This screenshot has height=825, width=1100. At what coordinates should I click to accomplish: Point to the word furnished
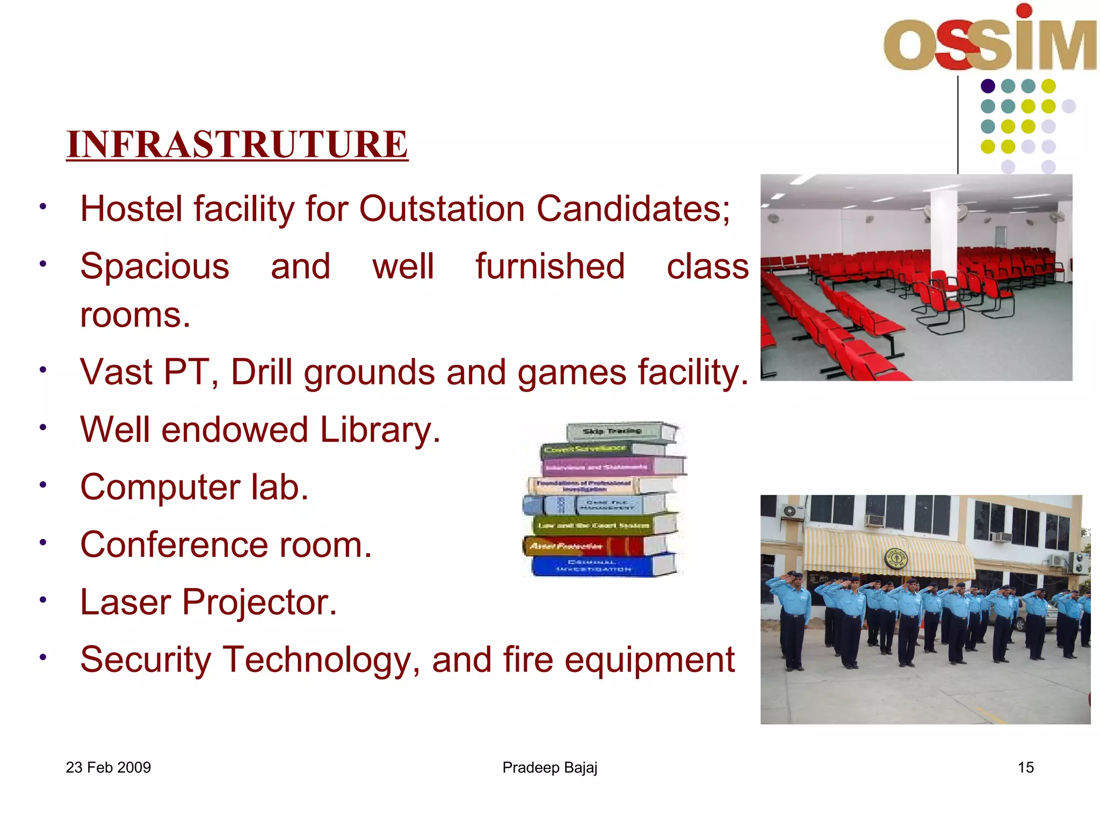point(549,266)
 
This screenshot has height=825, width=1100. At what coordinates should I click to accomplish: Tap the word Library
point(380,430)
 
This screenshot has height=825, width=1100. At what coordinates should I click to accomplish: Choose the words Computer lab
point(194,487)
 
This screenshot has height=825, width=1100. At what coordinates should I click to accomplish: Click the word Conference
point(174,545)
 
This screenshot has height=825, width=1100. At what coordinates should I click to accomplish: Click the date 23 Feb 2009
point(108,768)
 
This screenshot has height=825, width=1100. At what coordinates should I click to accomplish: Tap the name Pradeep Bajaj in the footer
point(549,768)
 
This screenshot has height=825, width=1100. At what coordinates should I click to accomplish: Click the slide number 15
point(1025,768)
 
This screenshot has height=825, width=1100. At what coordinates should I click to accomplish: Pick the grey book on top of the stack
point(618,432)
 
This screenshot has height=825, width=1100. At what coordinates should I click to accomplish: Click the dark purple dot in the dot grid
point(988,86)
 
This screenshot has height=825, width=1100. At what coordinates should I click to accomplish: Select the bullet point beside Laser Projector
point(43,599)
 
